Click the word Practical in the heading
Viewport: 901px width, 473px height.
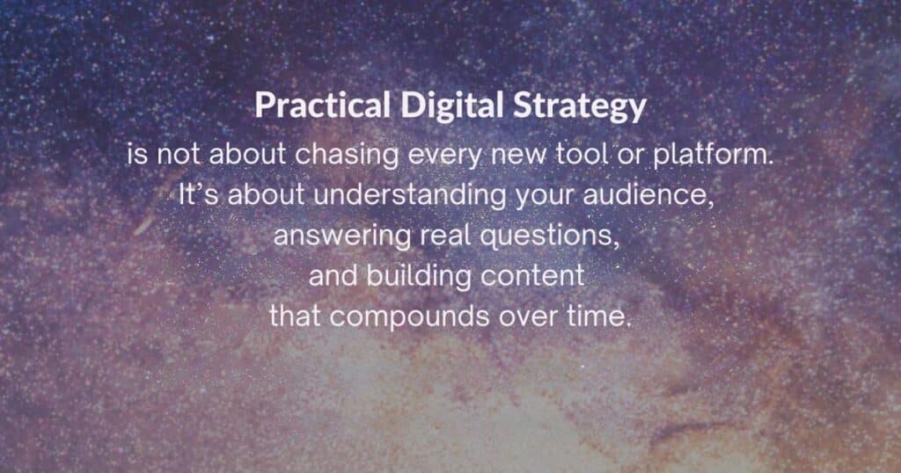(x=323, y=107)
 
